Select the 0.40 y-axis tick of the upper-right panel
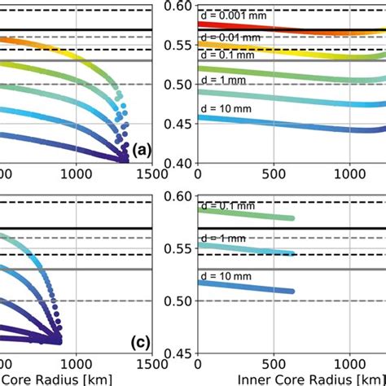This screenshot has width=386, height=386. [x=179, y=163]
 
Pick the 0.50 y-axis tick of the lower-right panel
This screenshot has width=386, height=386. [x=179, y=301]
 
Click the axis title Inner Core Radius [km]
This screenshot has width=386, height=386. [x=309, y=380]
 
